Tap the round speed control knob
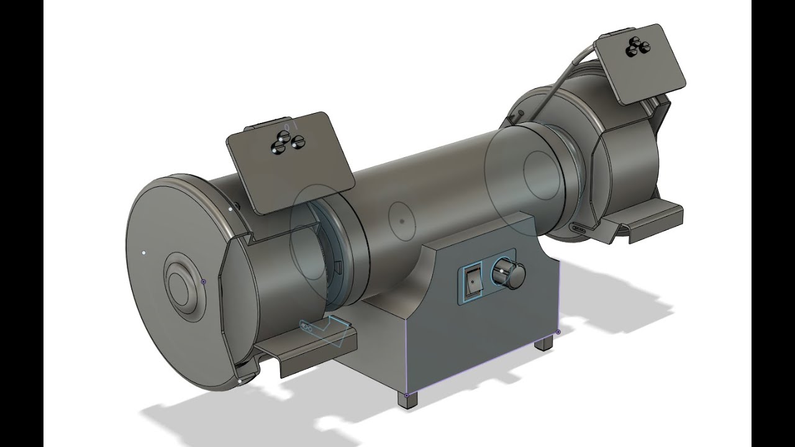pyautogui.click(x=509, y=273)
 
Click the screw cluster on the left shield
pyautogui.click(x=287, y=143)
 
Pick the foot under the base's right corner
pyautogui.click(x=545, y=343)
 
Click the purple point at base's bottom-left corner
pyautogui.click(x=407, y=394)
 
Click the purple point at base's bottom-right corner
pyautogui.click(x=558, y=332)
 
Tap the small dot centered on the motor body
pyautogui.click(x=402, y=220)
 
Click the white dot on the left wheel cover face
pyautogui.click(x=144, y=253)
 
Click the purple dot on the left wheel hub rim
pyautogui.click(x=204, y=281)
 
